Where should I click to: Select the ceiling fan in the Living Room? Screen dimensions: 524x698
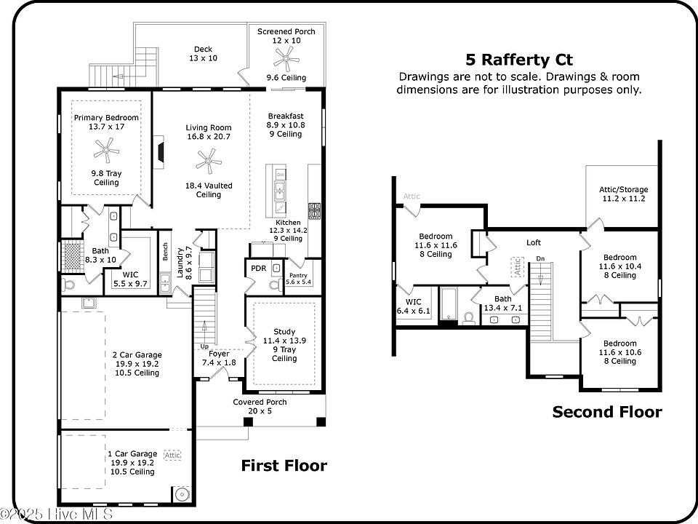pyautogui.click(x=207, y=162)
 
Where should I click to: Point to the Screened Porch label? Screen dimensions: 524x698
pyautogui.click(x=286, y=32)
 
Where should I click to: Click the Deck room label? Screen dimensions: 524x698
pyautogui.click(x=203, y=49)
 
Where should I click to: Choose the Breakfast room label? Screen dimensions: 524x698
pyautogui.click(x=285, y=116)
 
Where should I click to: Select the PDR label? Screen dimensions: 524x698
pyautogui.click(x=258, y=268)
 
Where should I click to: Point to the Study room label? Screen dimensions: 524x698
pyautogui.click(x=284, y=332)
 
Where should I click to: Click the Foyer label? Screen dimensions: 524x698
pyautogui.click(x=219, y=354)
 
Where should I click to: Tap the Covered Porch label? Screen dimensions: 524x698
pyautogui.click(x=260, y=402)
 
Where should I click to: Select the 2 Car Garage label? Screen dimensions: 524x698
pyautogui.click(x=137, y=355)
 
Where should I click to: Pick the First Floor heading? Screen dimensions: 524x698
pyautogui.click(x=284, y=466)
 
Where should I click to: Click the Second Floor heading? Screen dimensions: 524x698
pyautogui.click(x=607, y=413)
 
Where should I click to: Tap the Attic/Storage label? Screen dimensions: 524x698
pyautogui.click(x=623, y=189)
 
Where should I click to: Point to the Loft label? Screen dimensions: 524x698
pyautogui.click(x=534, y=242)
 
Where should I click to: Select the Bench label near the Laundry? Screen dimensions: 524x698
pyautogui.click(x=166, y=253)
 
